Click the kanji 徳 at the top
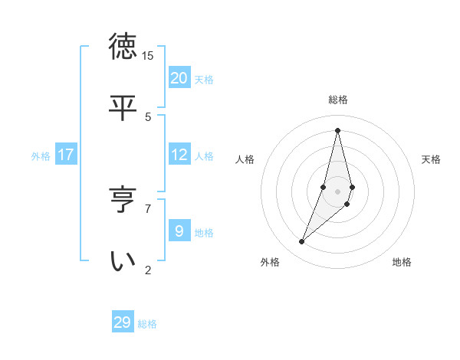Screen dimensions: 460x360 pyautogui.click(x=123, y=47)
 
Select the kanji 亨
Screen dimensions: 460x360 pyautogui.click(x=123, y=200)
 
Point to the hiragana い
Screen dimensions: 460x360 pyautogui.click(x=123, y=260)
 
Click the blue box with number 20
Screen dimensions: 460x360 pyautogui.click(x=179, y=78)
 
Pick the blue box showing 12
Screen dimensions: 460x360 pyautogui.click(x=179, y=155)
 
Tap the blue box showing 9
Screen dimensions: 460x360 pyautogui.click(x=179, y=231)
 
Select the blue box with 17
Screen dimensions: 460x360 pyautogui.click(x=66, y=155)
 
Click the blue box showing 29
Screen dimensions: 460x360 pyautogui.click(x=123, y=322)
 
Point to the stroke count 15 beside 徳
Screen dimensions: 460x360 pyautogui.click(x=148, y=56)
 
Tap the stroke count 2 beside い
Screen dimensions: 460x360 pyautogui.click(x=148, y=270)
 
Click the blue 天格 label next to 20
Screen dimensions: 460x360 pyautogui.click(x=204, y=79)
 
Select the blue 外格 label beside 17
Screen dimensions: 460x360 pyautogui.click(x=41, y=156)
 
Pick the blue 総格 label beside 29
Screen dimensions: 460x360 pyautogui.click(x=147, y=323)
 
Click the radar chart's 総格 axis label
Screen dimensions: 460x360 pyautogui.click(x=338, y=100)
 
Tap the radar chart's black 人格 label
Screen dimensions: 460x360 pyautogui.click(x=245, y=159)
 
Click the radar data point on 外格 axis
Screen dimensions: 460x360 pyautogui.click(x=302, y=242)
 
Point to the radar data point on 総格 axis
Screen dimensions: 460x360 pyautogui.click(x=337, y=130)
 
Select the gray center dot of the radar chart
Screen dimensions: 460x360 pyautogui.click(x=337, y=191)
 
